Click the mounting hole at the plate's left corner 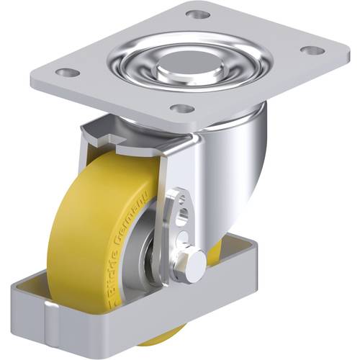pyautogui.click(x=67, y=73)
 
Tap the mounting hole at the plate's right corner pyautogui.click(x=311, y=50)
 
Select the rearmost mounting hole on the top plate pyautogui.click(x=197, y=14)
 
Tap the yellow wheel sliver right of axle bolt pyautogui.click(x=215, y=252)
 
